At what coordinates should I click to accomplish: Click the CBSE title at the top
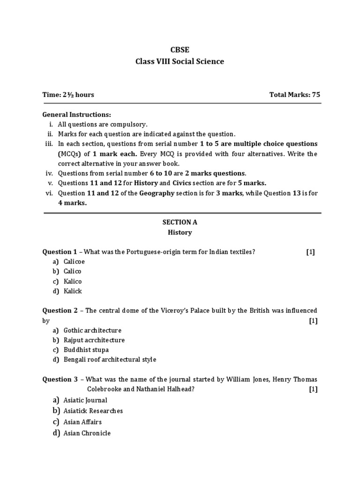[x=180, y=50]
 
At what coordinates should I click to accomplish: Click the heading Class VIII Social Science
[x=180, y=61]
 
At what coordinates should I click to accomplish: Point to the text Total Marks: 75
[x=295, y=95]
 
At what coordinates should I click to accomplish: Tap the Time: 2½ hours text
[x=68, y=95]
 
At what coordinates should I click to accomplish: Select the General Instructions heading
[x=77, y=114]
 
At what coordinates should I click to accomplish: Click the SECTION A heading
[x=180, y=222]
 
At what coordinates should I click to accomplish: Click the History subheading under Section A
[x=180, y=232]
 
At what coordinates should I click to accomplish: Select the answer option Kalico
[x=73, y=281]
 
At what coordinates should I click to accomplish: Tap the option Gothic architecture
[x=92, y=330]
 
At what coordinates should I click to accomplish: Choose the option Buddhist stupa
[x=86, y=350]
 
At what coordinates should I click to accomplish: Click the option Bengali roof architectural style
[x=110, y=360]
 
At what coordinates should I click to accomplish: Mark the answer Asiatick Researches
[x=93, y=411]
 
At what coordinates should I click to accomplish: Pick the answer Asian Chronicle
[x=87, y=433]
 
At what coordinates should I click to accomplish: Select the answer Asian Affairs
[x=82, y=422]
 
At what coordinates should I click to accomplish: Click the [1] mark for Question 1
[x=310, y=252]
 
